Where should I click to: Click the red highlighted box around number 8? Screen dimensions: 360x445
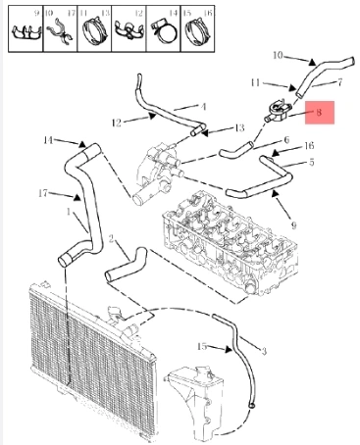point(320,113)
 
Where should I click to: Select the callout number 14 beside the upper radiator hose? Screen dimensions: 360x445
point(48,140)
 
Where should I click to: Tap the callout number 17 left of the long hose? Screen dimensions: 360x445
point(43,193)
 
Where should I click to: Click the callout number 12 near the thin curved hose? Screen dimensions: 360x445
point(117,123)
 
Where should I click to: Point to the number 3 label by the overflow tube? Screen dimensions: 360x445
point(264,351)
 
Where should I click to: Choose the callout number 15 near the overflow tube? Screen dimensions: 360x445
point(202,346)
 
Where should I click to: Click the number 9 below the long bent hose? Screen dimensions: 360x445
point(293,225)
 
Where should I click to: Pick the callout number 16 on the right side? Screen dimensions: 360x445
point(309,145)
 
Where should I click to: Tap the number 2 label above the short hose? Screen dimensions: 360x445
point(111,239)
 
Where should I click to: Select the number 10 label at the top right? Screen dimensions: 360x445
point(278,55)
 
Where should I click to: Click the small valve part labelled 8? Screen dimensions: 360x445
point(277,112)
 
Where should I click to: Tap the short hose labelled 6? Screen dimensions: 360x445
point(236,149)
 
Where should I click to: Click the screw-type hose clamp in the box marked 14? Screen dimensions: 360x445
point(164,31)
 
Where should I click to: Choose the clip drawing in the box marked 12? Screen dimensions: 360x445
point(129,30)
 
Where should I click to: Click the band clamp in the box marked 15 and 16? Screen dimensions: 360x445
point(198,31)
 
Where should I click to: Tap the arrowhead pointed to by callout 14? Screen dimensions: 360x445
point(81,144)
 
